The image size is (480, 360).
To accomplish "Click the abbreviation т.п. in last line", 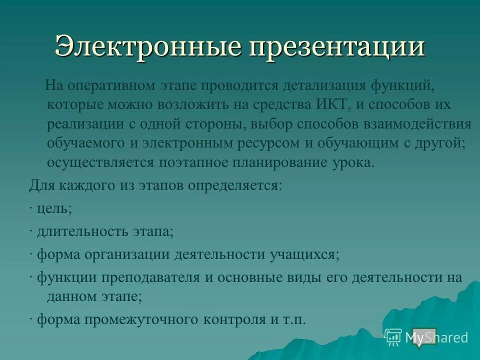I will coord(293,319).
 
